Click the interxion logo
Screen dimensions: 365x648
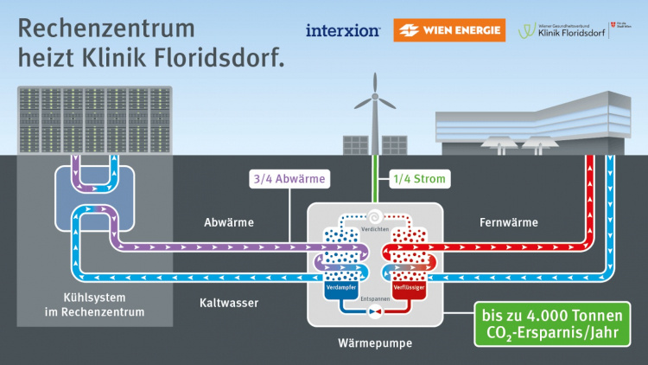point(343,31)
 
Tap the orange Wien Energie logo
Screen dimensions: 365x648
point(448,31)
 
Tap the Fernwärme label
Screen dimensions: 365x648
point(508,222)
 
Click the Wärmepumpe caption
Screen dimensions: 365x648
point(375,343)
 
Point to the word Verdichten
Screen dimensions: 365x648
point(375,228)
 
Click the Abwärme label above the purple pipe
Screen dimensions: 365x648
point(229,222)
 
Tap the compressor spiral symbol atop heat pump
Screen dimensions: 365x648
point(375,217)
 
